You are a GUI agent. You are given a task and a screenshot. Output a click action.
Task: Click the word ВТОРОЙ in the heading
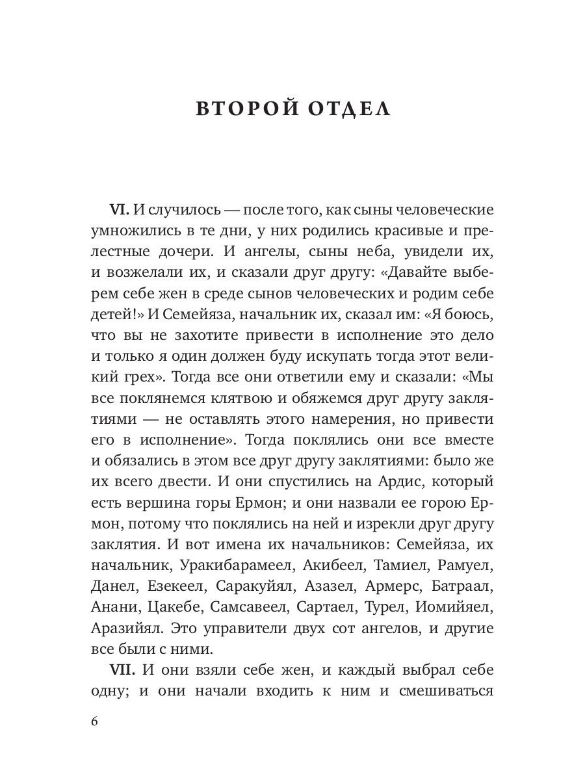[240, 109]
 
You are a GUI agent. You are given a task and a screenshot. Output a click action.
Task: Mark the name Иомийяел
[451, 606]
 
